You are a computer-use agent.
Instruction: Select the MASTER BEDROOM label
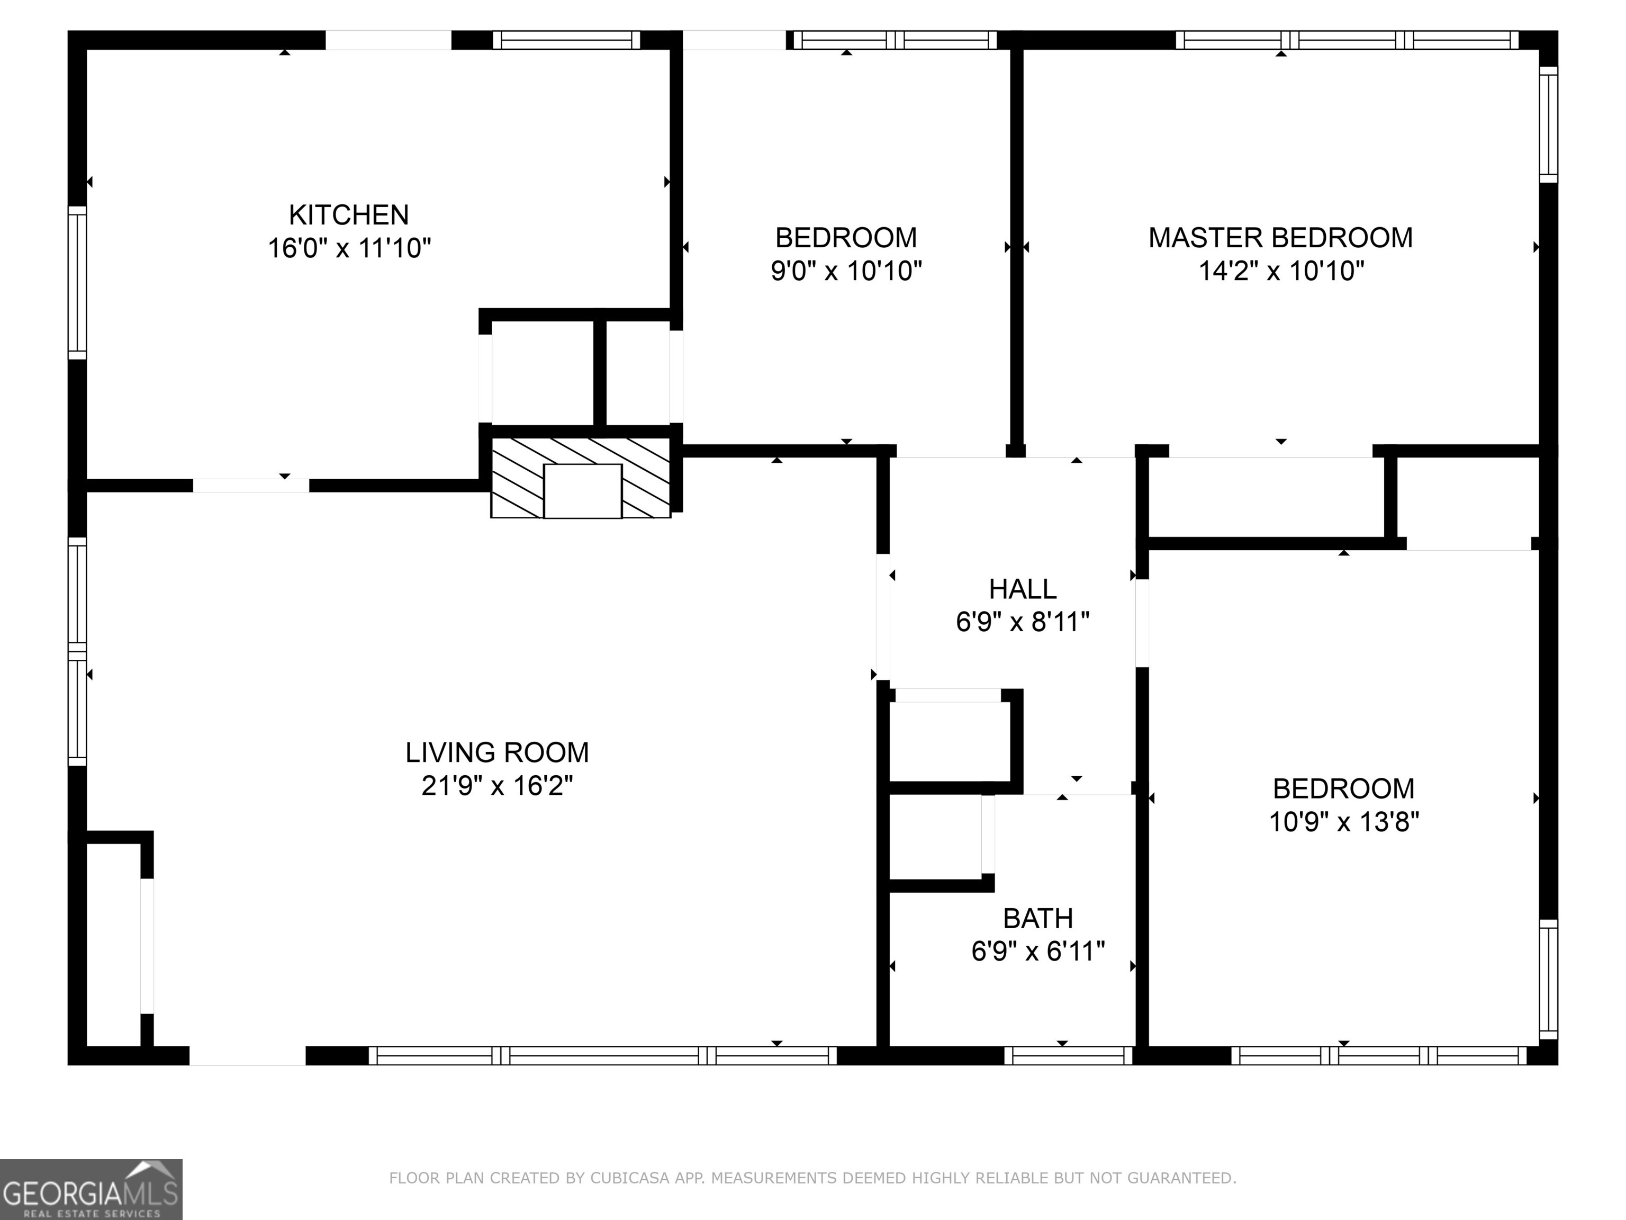1280,238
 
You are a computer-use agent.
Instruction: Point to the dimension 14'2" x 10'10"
1280,271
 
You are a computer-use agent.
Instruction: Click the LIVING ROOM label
497,752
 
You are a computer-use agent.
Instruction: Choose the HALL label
1023,589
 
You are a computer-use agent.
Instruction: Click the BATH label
1038,919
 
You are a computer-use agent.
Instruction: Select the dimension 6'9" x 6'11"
1038,952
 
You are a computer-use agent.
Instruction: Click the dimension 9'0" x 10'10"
846,271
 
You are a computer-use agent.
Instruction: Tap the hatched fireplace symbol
581,478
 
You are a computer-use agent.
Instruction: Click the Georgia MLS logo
91,1189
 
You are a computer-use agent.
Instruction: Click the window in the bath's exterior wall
1068,1056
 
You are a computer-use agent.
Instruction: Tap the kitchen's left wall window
77,283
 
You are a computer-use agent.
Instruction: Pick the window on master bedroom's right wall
1548,125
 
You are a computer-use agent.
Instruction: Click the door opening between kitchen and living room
251,486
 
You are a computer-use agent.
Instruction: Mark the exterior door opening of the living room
248,1056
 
